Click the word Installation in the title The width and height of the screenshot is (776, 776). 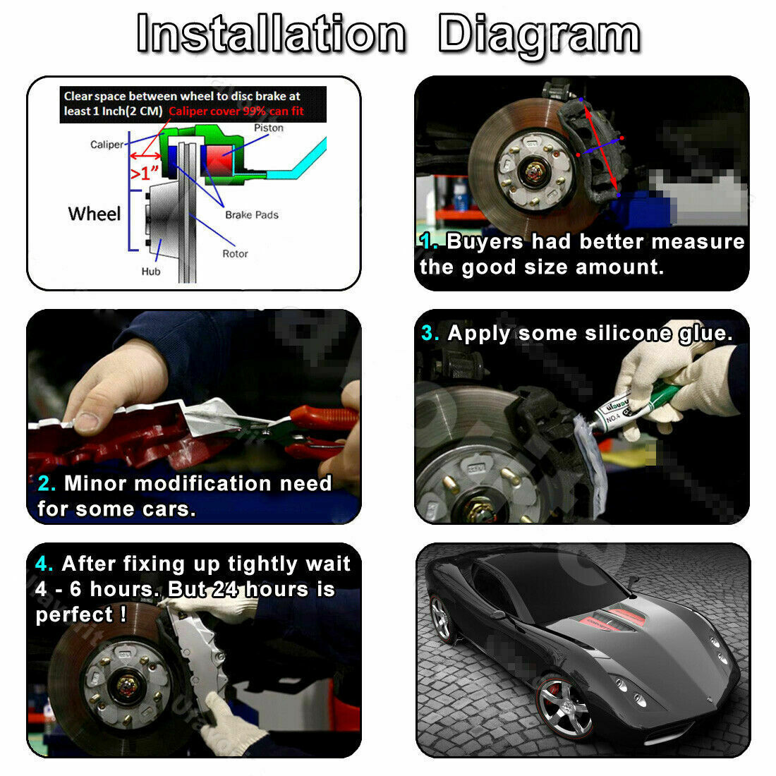pyautogui.click(x=271, y=33)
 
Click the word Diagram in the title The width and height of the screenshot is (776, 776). pyautogui.click(x=539, y=36)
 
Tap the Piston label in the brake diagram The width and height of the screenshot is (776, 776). pyautogui.click(x=269, y=128)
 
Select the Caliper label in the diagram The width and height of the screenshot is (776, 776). pyautogui.click(x=107, y=145)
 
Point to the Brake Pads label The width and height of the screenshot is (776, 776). pyautogui.click(x=251, y=214)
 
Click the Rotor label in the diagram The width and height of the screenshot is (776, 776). pyautogui.click(x=235, y=253)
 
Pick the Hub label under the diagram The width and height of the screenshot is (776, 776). pyautogui.click(x=151, y=271)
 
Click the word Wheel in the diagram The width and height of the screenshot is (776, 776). pyautogui.click(x=95, y=214)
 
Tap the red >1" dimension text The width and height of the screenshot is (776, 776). pyautogui.click(x=145, y=174)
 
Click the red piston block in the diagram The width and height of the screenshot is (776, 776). pyautogui.click(x=219, y=160)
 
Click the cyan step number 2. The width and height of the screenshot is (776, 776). pyautogui.click(x=47, y=483)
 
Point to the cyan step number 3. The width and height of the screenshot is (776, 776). pyautogui.click(x=430, y=332)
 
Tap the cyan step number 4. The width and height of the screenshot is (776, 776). pyautogui.click(x=44, y=563)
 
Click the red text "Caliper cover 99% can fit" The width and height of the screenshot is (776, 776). pyautogui.click(x=236, y=111)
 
